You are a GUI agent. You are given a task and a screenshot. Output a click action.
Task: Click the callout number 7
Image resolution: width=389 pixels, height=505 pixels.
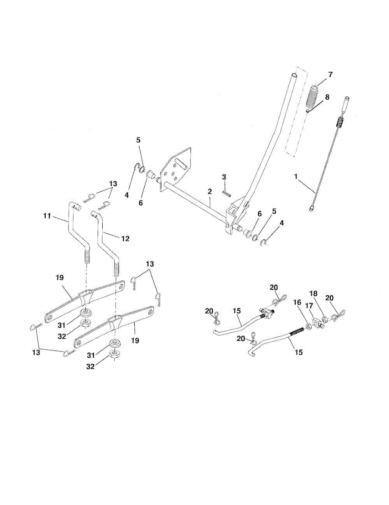tap(330, 74)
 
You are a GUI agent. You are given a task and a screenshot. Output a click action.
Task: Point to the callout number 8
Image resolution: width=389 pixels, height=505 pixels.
tap(327, 97)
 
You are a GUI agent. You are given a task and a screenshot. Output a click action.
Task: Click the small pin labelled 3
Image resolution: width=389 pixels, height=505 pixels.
tap(226, 191)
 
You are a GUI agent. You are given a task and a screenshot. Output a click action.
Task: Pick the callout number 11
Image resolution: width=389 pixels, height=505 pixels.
tap(47, 216)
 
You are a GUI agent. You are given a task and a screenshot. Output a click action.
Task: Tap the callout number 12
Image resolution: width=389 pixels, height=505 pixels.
tap(125, 238)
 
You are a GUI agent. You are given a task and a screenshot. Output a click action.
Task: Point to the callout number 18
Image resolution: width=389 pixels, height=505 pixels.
tap(313, 293)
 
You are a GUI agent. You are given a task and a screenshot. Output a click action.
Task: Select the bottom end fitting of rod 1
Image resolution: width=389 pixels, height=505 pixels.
tap(312, 208)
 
